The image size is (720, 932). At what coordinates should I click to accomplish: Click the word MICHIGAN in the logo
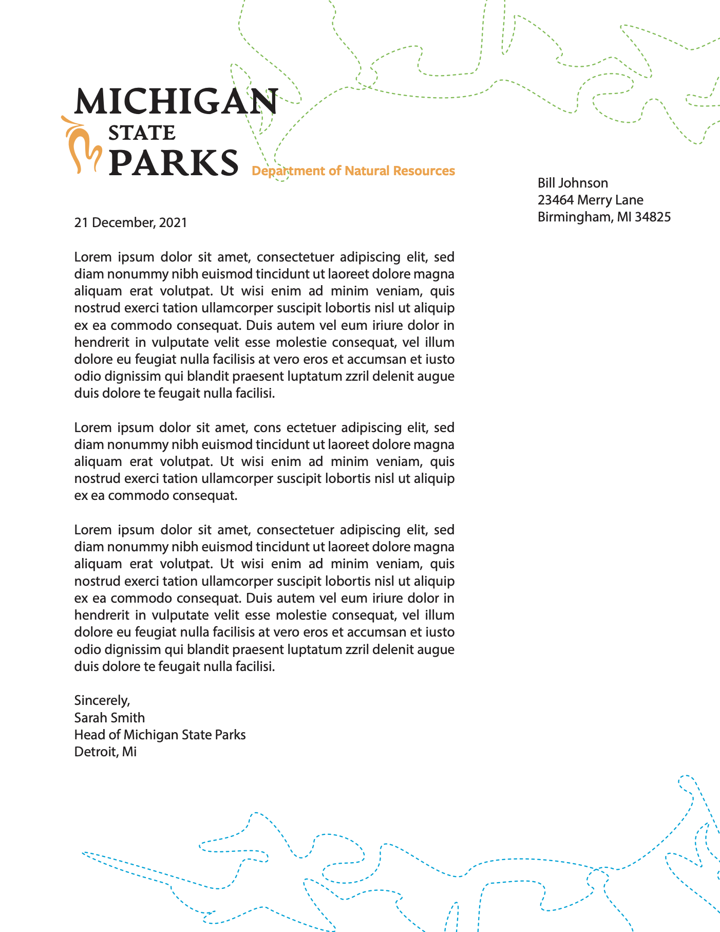click(176, 101)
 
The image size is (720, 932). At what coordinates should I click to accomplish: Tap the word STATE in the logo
click(142, 133)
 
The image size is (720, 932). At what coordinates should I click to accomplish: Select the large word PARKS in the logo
click(174, 163)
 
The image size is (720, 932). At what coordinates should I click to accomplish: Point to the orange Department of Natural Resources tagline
click(353, 171)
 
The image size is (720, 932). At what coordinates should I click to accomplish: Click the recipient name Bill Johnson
click(573, 183)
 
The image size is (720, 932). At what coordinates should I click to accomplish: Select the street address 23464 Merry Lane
click(590, 200)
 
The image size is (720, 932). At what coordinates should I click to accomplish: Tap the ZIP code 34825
click(653, 217)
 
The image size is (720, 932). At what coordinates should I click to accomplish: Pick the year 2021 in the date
click(173, 223)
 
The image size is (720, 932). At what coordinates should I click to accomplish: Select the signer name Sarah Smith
click(109, 718)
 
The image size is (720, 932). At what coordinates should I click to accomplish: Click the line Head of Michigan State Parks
click(160, 735)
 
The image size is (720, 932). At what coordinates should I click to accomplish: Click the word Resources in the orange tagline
click(424, 171)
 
